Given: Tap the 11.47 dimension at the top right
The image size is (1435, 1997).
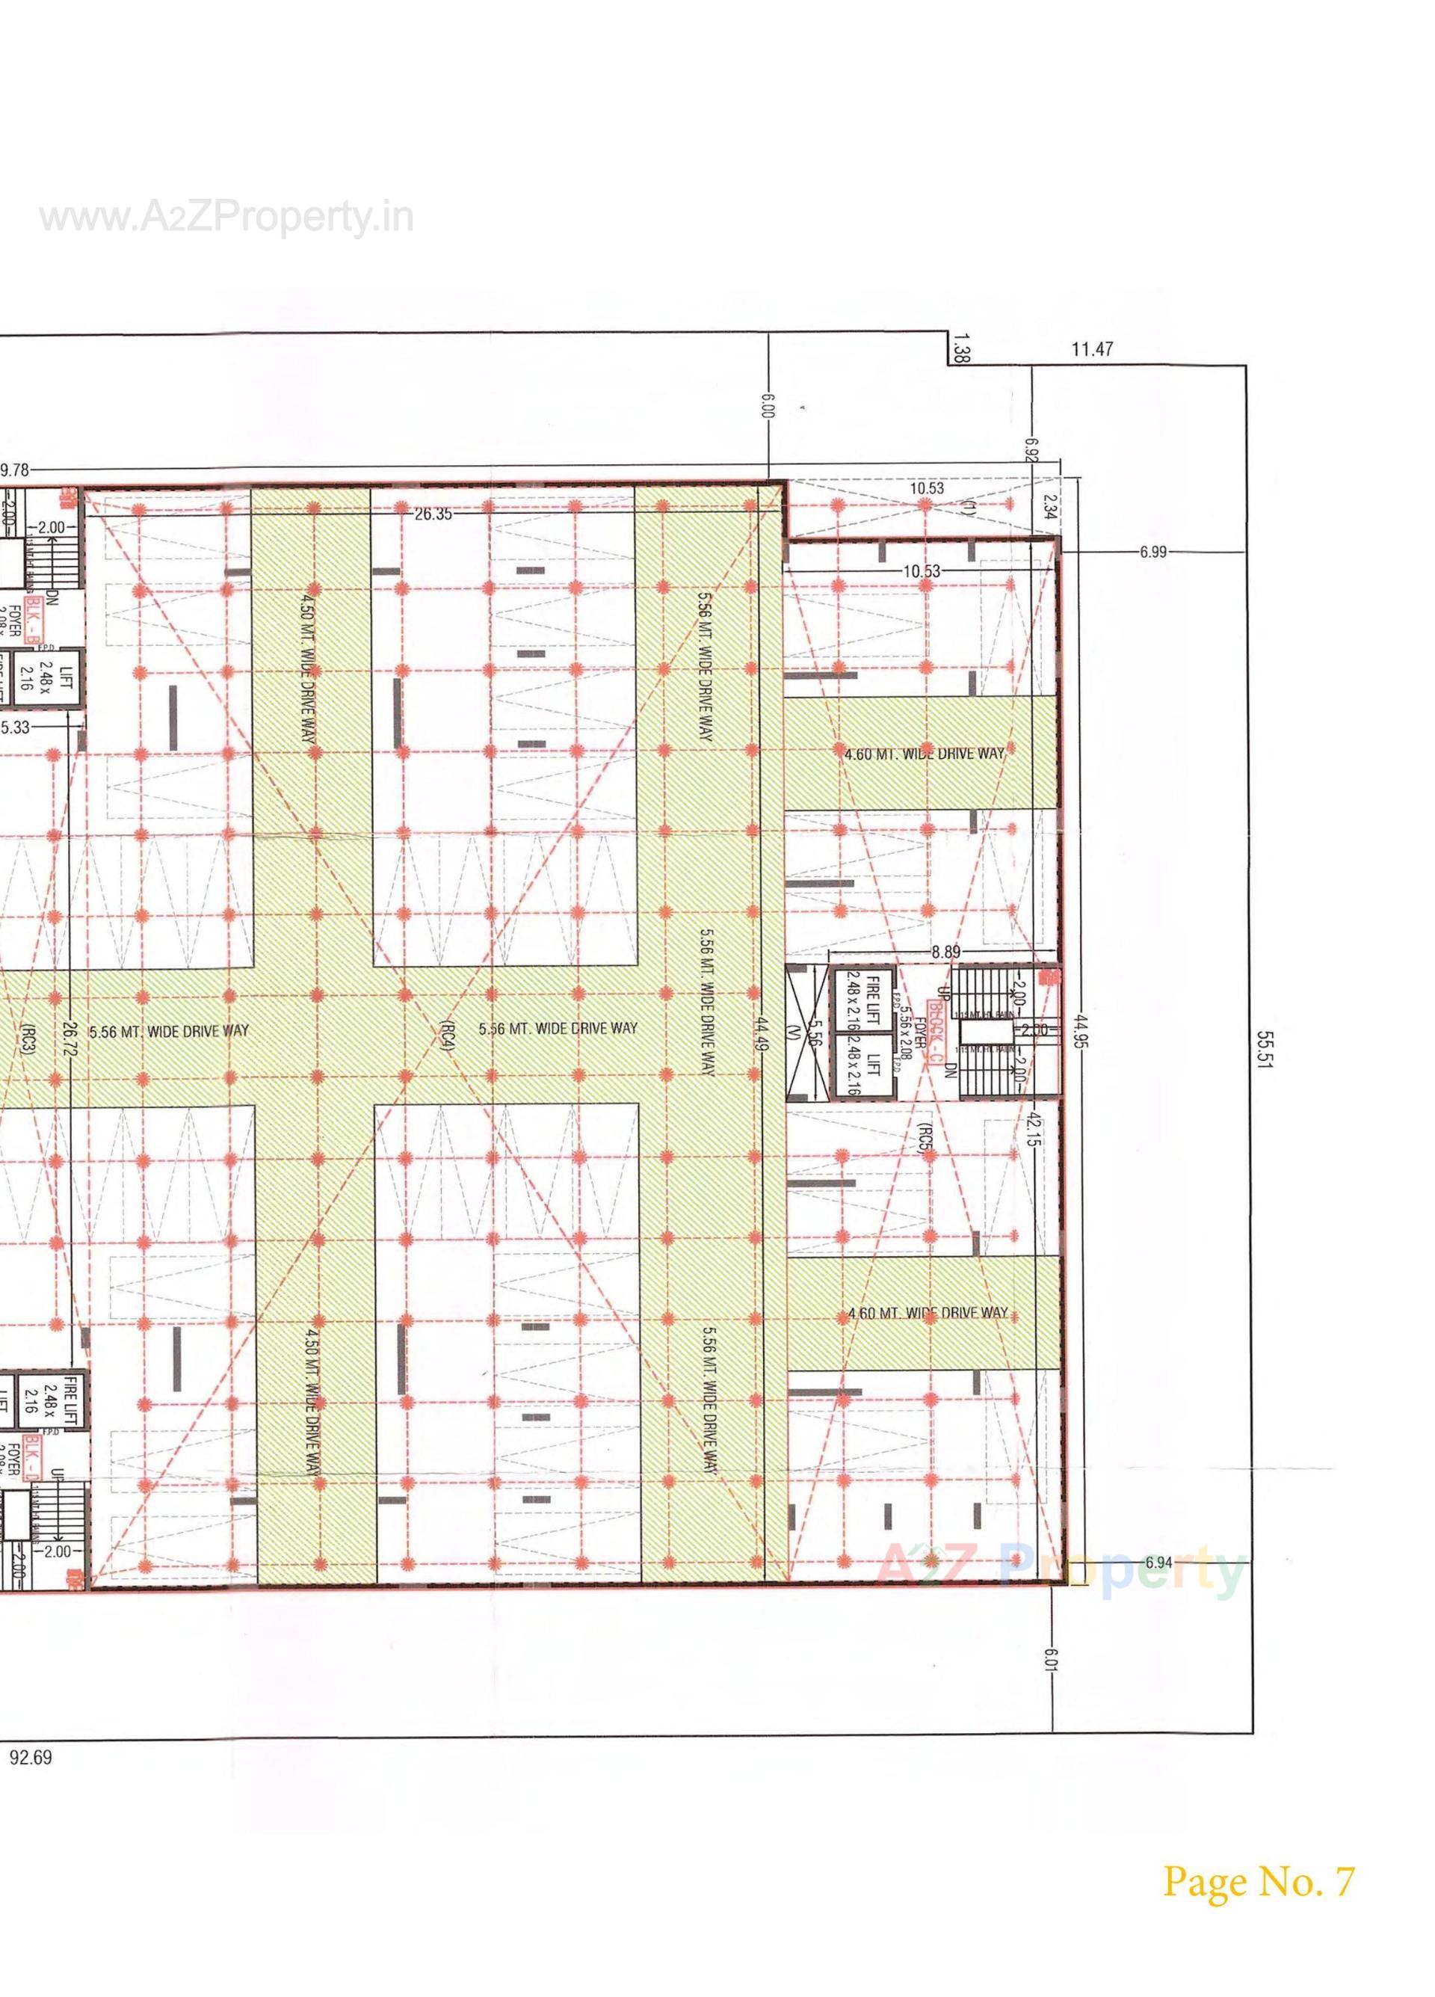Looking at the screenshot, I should tap(1092, 350).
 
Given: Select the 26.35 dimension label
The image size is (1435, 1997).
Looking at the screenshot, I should tap(433, 514).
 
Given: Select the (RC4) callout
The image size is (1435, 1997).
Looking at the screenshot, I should tap(447, 1036).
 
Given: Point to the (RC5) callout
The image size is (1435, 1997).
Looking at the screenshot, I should tap(922, 1138).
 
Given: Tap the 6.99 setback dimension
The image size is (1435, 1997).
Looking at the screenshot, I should tap(1152, 552).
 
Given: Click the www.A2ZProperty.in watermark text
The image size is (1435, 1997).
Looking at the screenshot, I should tap(226, 218).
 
